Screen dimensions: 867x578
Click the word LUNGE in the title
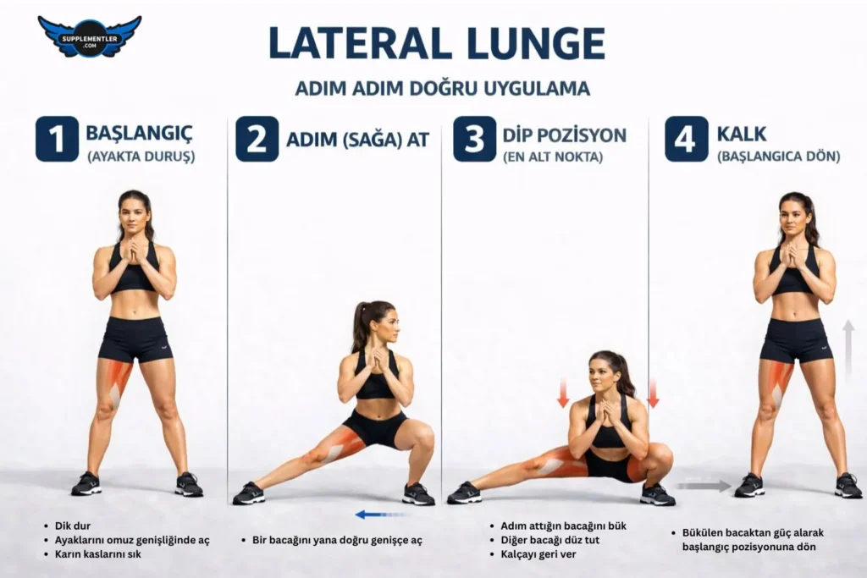pos(536,43)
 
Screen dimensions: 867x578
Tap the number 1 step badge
pos(57,139)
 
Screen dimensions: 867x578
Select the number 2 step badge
pos(257,139)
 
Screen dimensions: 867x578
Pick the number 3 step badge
pos(474,139)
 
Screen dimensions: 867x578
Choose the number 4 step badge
pos(686,139)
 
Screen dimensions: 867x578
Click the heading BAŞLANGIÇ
pos(140,133)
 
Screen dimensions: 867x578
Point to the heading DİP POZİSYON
pos(565,135)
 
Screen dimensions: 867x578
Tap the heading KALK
pos(742,134)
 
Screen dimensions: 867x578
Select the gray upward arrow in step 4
pos(848,349)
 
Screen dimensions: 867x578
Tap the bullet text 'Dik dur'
pos(73,526)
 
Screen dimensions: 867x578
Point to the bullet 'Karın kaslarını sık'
pos(98,553)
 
